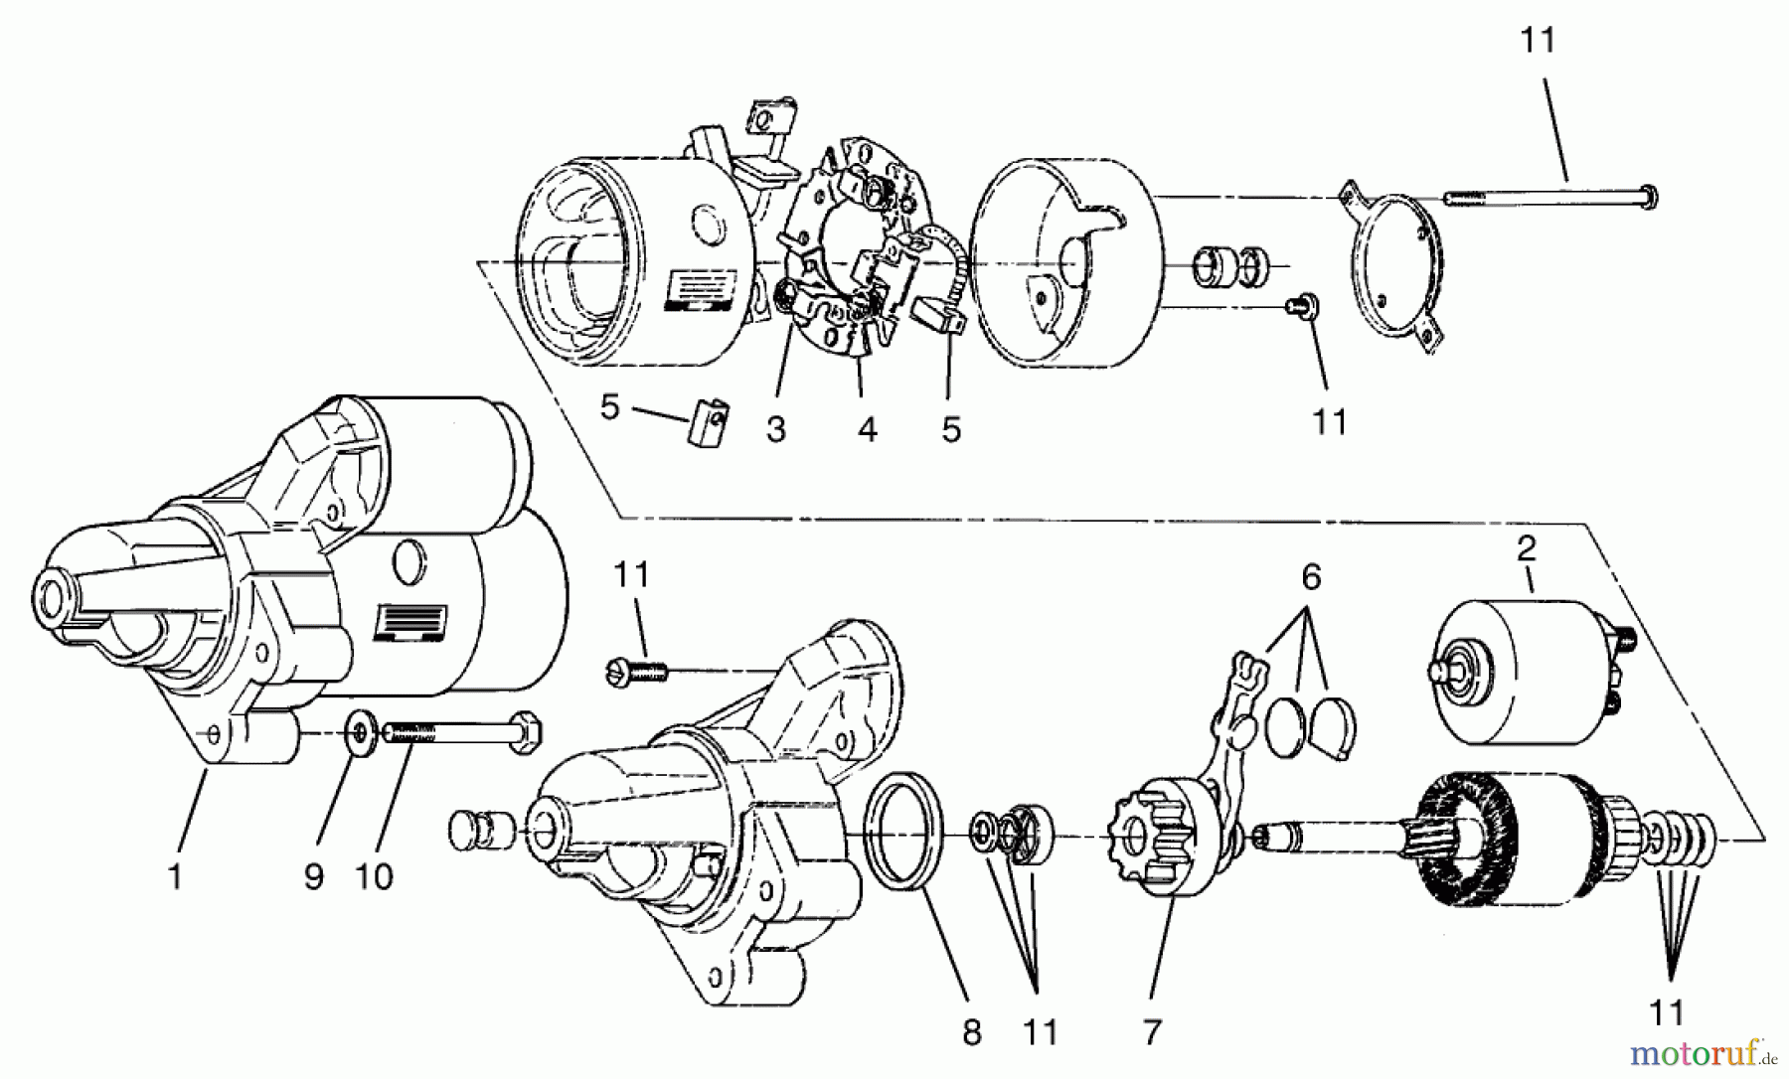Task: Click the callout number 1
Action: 175,877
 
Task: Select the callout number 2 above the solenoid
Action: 1527,548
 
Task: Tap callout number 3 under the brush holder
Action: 775,429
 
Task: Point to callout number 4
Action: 867,429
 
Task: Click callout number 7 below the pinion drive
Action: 1151,1032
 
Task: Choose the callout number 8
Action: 971,1032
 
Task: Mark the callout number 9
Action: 314,877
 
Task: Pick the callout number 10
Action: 376,877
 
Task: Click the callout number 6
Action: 1311,577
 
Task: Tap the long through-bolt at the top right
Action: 1550,196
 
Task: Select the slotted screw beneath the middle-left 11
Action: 636,673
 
